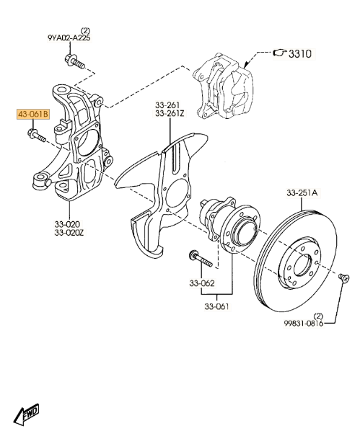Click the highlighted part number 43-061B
coord(33,115)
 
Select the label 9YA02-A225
coord(69,38)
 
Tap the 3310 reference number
coord(300,53)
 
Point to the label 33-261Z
coord(170,114)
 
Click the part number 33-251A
coord(302,193)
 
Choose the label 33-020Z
coord(69,233)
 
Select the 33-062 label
coord(202,283)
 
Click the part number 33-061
coord(216,306)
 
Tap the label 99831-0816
coord(304,323)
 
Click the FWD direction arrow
coord(26,414)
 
